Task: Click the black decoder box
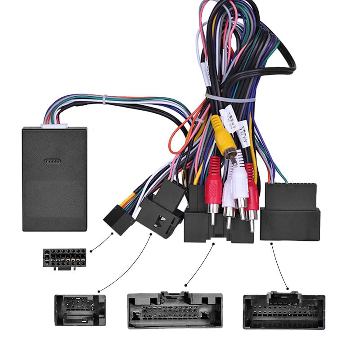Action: pos(54,180)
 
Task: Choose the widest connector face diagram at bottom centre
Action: pos(175,310)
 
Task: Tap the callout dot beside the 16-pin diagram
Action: pos(91,250)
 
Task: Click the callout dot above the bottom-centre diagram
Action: pos(186,284)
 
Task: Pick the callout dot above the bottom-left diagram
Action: pos(99,291)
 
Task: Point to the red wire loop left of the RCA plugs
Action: pos(180,135)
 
